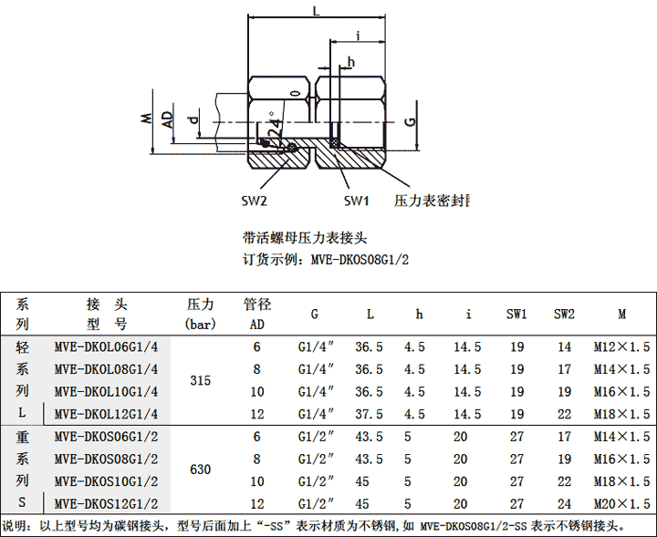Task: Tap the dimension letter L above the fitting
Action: [x=316, y=12]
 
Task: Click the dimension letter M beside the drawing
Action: [x=144, y=119]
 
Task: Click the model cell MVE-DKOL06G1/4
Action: [x=107, y=346]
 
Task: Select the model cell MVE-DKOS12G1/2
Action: [x=107, y=503]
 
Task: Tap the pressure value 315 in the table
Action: [x=200, y=380]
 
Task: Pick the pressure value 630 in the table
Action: [x=200, y=470]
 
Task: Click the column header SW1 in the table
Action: [x=516, y=315]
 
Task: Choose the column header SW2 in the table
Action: [x=564, y=315]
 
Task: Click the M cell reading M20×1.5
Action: [x=621, y=503]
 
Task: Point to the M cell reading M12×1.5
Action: [x=621, y=346]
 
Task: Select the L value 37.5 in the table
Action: [x=369, y=413]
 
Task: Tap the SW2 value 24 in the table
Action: [x=564, y=503]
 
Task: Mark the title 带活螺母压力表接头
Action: [x=304, y=238]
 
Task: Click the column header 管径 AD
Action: [x=256, y=314]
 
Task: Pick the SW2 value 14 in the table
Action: [x=564, y=346]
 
